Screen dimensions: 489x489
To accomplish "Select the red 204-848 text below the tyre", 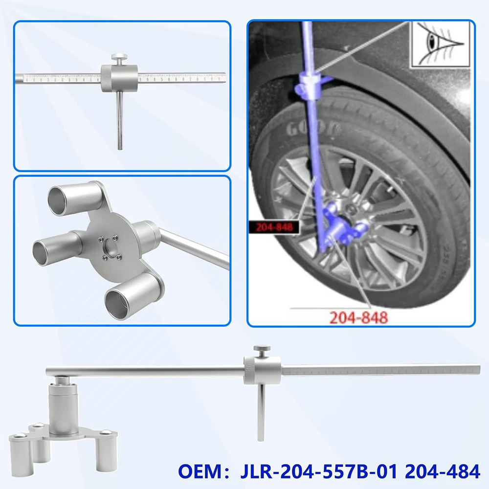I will pyautogui.click(x=358, y=317).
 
